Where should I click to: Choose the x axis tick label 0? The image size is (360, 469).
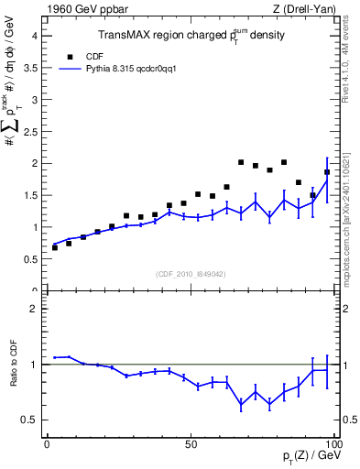pyautogui.click(x=48, y=443)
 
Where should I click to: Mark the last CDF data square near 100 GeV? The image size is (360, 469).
pyautogui.click(x=327, y=172)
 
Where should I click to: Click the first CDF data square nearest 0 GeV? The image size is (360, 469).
pyautogui.click(x=55, y=247)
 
